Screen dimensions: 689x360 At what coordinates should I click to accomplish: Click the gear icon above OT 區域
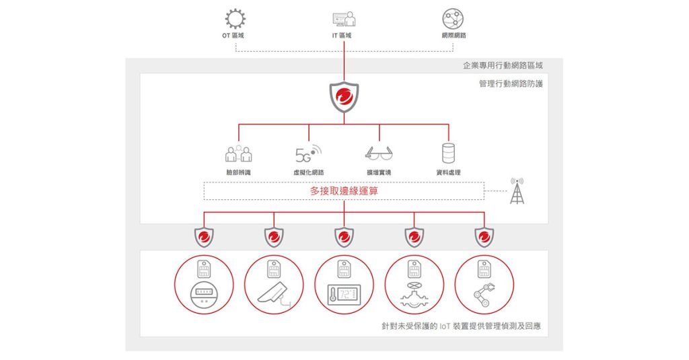click(235, 19)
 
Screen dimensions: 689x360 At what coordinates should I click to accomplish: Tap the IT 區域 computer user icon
click(344, 20)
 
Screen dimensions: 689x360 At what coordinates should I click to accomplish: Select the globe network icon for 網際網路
click(453, 19)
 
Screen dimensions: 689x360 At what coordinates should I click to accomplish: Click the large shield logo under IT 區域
click(344, 97)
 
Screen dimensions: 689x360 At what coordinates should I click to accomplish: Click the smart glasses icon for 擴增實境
click(379, 154)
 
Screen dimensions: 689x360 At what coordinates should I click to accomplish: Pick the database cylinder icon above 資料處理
click(448, 153)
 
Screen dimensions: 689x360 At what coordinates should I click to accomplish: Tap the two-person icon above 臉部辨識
click(239, 153)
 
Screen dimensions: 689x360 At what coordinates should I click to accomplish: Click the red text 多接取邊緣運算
click(344, 191)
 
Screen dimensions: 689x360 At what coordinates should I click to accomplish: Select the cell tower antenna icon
click(517, 191)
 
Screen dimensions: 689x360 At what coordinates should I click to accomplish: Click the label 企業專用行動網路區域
click(503, 65)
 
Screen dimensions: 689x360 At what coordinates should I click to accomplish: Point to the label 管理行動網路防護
click(511, 83)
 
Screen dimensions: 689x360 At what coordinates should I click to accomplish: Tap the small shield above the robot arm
click(484, 238)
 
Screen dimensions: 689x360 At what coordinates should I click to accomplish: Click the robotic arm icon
click(484, 295)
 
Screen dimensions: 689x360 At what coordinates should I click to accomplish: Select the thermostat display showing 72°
click(344, 295)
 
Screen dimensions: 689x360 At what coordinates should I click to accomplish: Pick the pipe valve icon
click(414, 295)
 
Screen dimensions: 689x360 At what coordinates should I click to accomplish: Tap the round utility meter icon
click(204, 295)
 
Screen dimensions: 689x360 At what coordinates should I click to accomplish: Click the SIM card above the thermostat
click(344, 269)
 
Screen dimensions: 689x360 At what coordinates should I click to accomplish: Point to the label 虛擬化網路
click(308, 173)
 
